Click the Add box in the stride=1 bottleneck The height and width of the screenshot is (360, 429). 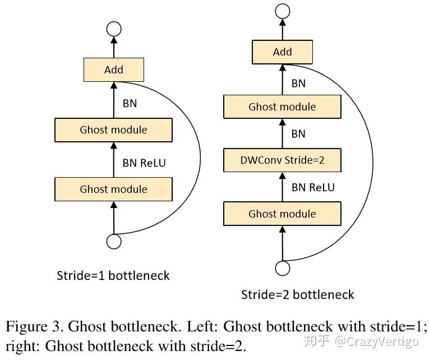click(x=114, y=70)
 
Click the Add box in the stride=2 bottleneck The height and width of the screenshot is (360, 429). click(x=282, y=52)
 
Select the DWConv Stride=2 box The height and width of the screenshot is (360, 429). click(x=282, y=160)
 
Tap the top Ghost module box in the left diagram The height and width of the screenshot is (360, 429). click(x=113, y=130)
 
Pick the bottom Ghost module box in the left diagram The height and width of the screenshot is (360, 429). click(x=113, y=190)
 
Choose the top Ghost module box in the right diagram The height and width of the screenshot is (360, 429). click(x=282, y=107)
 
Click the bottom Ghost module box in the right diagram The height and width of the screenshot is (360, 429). click(x=282, y=214)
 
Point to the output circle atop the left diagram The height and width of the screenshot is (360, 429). click(x=114, y=29)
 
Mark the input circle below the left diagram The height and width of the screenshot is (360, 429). click(x=114, y=241)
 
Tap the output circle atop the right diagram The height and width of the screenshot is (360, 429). click(x=282, y=11)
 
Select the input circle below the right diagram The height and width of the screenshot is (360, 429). click(x=282, y=268)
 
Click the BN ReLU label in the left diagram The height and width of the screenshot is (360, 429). click(x=144, y=163)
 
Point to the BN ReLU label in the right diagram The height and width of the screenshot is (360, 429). click(x=313, y=187)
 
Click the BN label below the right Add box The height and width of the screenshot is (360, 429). click(x=298, y=84)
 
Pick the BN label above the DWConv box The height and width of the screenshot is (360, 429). click(x=298, y=134)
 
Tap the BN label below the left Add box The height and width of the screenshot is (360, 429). click(x=130, y=103)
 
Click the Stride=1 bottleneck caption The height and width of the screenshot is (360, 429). click(x=113, y=275)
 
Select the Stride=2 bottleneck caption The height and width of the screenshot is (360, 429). click(x=297, y=294)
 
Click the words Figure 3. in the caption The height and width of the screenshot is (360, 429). click(x=33, y=326)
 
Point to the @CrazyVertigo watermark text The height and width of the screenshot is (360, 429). click(x=377, y=341)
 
